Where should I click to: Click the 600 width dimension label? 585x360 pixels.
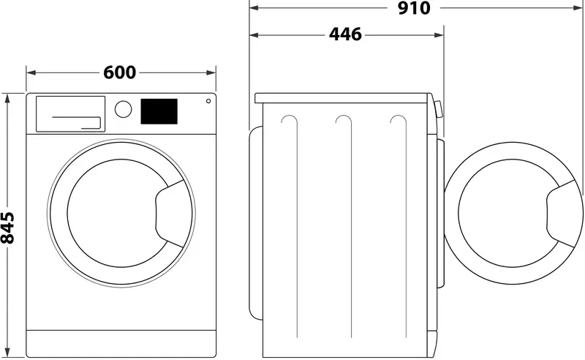tap(119, 72)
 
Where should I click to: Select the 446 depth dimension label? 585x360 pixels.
tap(345, 34)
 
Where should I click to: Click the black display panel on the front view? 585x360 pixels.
tap(159, 111)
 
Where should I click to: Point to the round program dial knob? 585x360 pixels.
tap(124, 109)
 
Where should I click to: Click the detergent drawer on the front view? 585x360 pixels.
tap(70, 113)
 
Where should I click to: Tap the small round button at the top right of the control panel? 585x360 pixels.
tap(208, 102)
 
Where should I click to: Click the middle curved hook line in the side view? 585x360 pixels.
tap(344, 121)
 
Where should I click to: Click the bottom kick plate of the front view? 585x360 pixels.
tap(122, 342)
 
